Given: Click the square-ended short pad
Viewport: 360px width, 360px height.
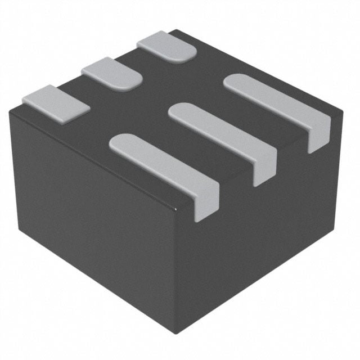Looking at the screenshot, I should coord(56,103).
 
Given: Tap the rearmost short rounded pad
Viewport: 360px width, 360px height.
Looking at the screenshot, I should coord(167,47).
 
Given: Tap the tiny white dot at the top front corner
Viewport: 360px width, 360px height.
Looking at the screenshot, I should coord(177,210).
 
